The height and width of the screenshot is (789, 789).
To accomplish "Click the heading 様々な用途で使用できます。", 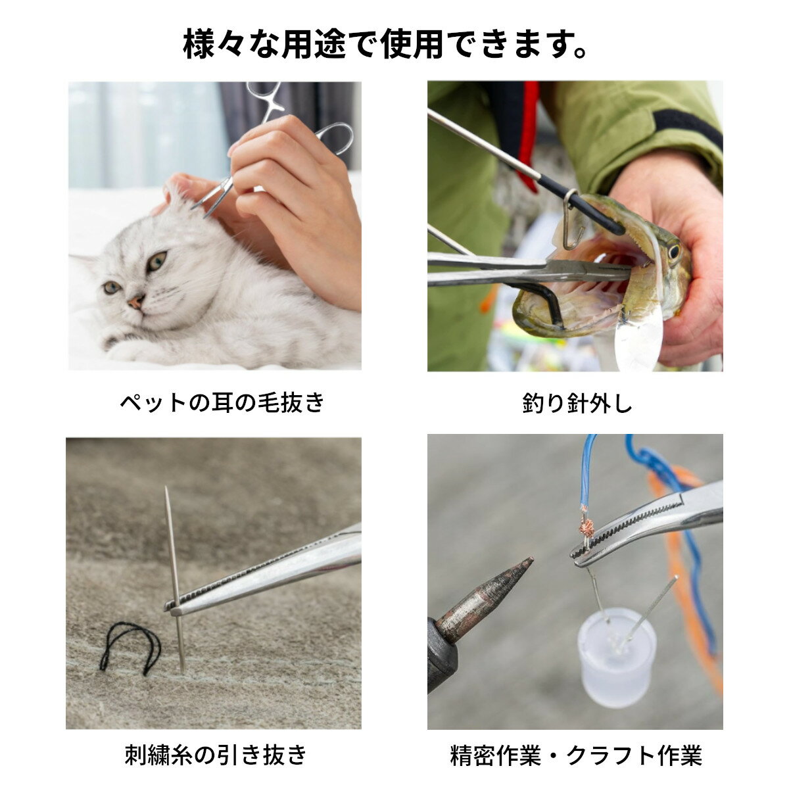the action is tap(385, 43).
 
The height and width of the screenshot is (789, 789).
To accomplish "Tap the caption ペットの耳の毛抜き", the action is tap(222, 403).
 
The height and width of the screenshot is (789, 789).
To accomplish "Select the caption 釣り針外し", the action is tap(577, 404).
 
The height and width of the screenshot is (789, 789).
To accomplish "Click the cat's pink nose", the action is tap(136, 302).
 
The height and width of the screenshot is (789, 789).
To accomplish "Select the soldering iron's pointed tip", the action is tap(533, 558).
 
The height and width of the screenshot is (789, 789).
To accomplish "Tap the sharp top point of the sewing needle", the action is tap(166, 488).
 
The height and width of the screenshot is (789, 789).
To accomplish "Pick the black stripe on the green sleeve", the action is tap(687, 124).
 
